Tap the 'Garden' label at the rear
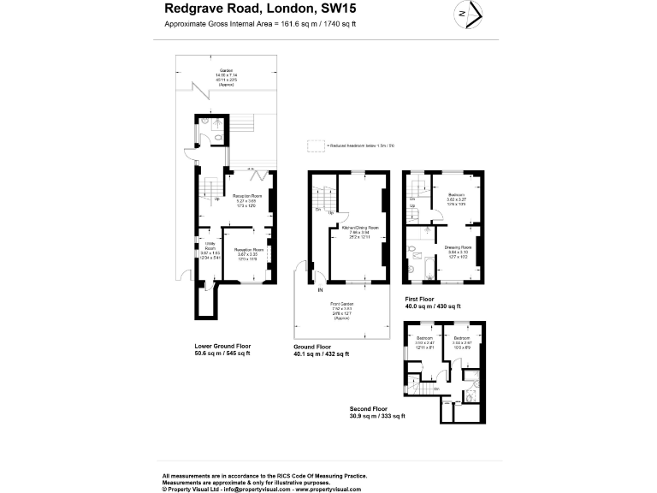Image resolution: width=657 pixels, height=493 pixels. (226, 70)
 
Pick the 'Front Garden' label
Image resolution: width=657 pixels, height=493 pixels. (342, 304)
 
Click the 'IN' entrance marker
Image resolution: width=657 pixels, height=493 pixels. (321, 291)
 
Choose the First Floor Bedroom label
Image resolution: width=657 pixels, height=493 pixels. (455, 194)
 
